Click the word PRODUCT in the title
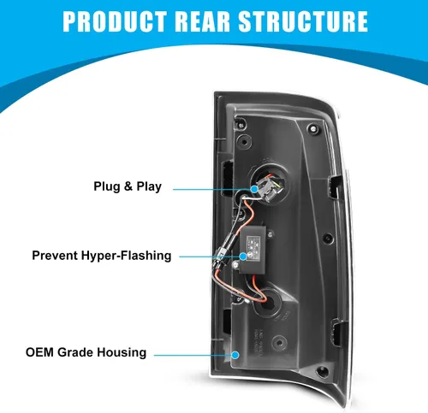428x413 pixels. point(115,21)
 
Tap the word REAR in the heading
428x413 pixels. point(202,21)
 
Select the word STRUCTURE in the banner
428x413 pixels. point(303,21)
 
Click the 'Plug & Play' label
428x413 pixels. point(128,186)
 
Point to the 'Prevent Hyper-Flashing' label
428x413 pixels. point(102,256)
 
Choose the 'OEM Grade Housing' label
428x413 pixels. point(86,352)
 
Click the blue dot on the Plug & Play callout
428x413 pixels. point(254,189)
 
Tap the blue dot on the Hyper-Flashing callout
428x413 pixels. point(243,257)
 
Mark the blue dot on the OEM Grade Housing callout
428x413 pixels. point(235,355)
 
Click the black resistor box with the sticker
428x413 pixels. point(253,250)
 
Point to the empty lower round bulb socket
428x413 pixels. point(267,304)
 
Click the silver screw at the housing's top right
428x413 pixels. point(313,128)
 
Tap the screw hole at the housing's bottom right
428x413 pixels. point(323,370)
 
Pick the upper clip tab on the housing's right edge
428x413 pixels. point(335,186)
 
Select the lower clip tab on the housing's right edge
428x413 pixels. point(337,333)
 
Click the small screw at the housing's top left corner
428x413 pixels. point(241,125)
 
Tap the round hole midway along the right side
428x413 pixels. point(328,239)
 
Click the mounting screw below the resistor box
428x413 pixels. point(235,265)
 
